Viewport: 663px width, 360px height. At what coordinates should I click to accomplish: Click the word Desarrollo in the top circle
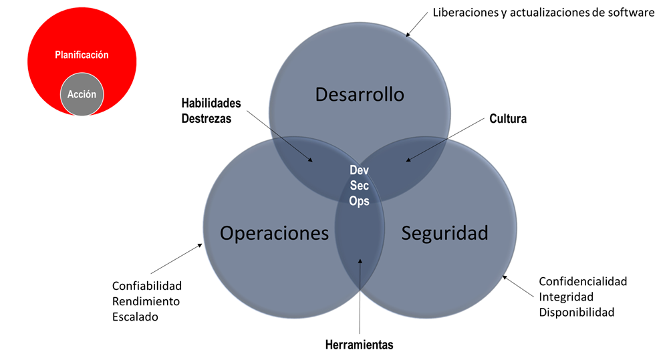[360, 94]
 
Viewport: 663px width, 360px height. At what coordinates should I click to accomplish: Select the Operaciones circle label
[274, 233]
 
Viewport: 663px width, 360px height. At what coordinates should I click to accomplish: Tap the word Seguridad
[444, 233]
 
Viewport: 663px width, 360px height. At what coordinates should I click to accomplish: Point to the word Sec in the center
[360, 186]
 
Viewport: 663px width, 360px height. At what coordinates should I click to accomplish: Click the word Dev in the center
[360, 170]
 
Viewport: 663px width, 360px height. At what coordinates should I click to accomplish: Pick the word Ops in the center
[360, 201]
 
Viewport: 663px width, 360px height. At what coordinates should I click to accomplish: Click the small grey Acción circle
[82, 94]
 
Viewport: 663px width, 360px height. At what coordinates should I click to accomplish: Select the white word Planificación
[82, 55]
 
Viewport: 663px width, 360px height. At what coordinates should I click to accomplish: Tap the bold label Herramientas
[359, 345]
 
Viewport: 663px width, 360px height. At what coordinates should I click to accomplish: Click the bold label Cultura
[508, 119]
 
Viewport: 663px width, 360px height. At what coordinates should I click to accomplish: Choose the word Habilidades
[211, 103]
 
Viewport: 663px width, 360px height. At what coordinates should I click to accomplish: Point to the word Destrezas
[207, 119]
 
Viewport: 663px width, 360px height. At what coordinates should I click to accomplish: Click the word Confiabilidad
[147, 286]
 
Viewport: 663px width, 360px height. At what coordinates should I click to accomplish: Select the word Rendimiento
[146, 301]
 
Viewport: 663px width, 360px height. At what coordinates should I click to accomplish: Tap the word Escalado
[135, 317]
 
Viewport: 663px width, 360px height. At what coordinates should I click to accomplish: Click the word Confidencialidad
[583, 281]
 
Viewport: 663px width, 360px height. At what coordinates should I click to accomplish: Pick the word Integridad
[565, 297]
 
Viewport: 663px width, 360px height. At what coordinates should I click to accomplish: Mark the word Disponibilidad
[576, 313]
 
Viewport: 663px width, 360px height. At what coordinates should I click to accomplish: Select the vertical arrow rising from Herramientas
[360, 296]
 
